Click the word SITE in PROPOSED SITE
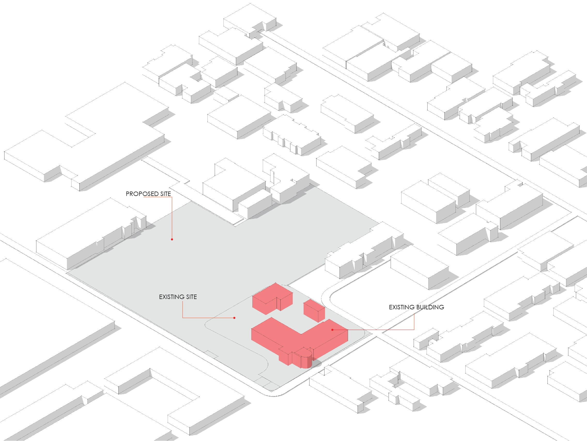166,194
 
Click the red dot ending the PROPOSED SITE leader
172,239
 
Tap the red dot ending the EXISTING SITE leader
234,318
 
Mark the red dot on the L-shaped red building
332,330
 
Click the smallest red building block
314,311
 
